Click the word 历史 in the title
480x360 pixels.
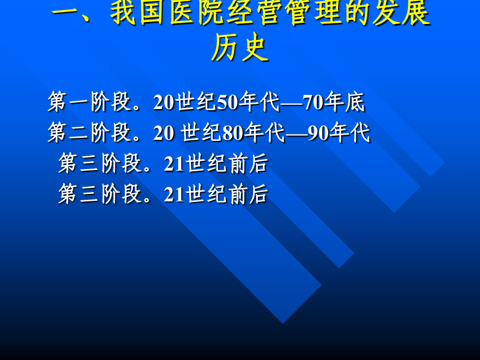240,50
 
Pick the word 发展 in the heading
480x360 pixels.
402,14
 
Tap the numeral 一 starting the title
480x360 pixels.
68,14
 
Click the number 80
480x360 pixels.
233,133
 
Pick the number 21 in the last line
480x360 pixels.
174,194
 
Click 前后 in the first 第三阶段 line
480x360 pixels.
248,164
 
